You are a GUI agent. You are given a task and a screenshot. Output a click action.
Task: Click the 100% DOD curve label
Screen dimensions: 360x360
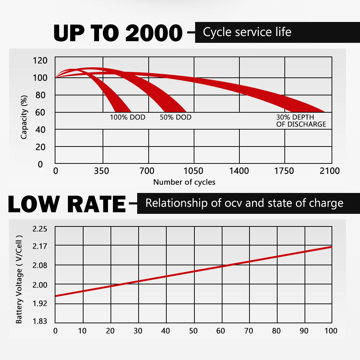127,117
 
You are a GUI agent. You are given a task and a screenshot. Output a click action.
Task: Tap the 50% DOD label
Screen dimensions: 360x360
176,117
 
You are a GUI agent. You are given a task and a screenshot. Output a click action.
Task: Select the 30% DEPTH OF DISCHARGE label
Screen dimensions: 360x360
301,121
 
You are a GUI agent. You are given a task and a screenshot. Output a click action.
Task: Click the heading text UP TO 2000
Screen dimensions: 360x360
118,33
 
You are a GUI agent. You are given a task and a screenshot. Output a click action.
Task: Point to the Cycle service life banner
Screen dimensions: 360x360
277,32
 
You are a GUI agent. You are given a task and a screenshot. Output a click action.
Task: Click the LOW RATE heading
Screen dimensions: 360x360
67,204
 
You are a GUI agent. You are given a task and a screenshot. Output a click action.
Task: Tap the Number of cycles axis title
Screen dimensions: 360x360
184,182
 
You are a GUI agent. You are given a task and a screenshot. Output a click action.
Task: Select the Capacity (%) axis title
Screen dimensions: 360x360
24,117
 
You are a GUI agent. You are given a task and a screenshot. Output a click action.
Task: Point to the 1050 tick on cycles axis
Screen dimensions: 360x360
194,171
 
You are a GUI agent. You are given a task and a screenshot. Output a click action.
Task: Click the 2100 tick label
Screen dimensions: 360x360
330,171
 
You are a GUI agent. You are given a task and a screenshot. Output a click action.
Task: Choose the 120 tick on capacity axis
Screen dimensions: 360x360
40,60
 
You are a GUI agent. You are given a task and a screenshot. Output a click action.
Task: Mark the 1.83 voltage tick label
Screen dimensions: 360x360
40,321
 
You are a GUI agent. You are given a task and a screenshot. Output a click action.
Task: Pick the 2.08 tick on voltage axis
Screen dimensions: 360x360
40,266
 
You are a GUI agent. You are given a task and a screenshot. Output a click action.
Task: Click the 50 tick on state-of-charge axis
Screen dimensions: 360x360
194,331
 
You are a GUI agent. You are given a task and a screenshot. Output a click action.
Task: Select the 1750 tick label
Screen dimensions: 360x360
284,171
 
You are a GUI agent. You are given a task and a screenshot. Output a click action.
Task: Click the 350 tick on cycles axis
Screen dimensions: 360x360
102,171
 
